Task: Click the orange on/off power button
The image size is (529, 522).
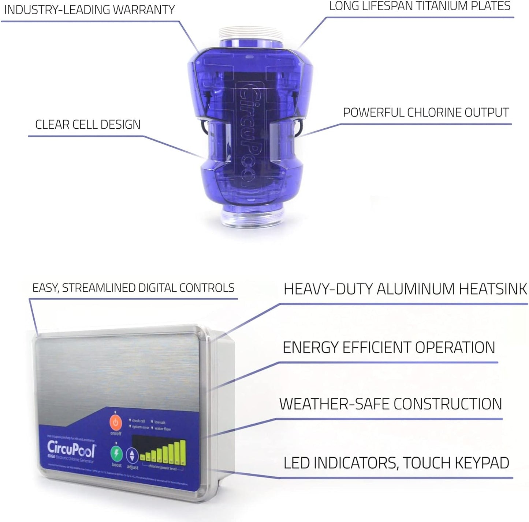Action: (x=116, y=423)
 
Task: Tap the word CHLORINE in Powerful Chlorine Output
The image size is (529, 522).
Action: (x=430, y=113)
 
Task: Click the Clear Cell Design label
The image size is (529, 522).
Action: (x=88, y=125)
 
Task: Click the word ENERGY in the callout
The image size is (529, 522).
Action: (x=310, y=348)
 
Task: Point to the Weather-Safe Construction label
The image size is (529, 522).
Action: (x=390, y=404)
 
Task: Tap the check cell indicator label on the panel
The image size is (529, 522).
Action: (x=138, y=421)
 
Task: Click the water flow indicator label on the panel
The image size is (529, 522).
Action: (x=162, y=429)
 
